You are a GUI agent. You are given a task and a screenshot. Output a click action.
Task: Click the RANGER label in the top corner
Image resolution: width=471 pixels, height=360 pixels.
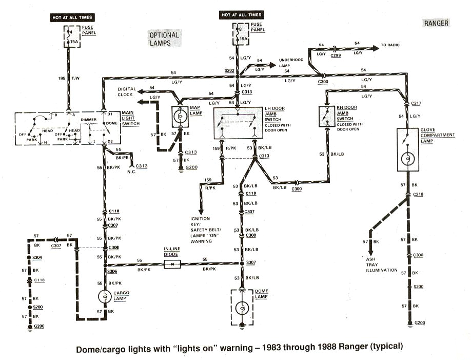point(436,23)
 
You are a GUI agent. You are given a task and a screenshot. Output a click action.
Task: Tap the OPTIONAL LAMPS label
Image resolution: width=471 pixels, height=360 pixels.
point(164,39)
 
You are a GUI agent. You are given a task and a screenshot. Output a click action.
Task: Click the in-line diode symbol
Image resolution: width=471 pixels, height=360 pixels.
point(171,264)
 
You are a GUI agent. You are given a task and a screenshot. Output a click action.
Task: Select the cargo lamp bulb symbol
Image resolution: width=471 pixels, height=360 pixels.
point(105,297)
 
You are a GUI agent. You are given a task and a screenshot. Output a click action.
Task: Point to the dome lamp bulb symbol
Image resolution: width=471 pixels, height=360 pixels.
point(242,307)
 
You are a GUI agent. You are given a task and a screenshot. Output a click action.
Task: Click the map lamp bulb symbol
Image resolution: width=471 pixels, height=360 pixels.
point(180,117)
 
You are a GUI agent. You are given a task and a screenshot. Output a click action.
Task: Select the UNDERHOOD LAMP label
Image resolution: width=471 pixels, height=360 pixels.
point(291,63)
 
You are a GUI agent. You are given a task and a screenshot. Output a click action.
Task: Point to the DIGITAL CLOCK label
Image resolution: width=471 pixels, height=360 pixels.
point(127,91)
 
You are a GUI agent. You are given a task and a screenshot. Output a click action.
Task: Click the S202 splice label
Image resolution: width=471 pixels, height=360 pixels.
point(229,69)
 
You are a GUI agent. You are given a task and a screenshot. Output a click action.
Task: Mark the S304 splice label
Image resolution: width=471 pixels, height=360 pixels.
point(37,257)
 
